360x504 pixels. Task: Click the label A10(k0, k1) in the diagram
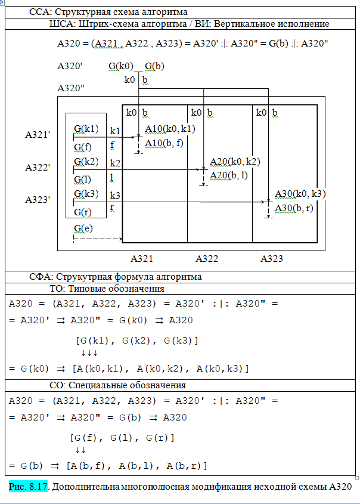click(x=170, y=129)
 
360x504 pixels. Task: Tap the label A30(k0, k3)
click(x=300, y=194)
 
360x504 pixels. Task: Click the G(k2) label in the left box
click(x=87, y=162)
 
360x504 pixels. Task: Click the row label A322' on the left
click(x=37, y=168)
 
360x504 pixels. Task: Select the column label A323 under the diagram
click(x=272, y=259)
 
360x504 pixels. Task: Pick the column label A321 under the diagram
click(x=142, y=259)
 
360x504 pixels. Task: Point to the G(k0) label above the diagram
click(x=121, y=67)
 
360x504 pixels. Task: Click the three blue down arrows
click(x=89, y=354)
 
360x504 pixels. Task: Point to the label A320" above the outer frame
click(x=70, y=88)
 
